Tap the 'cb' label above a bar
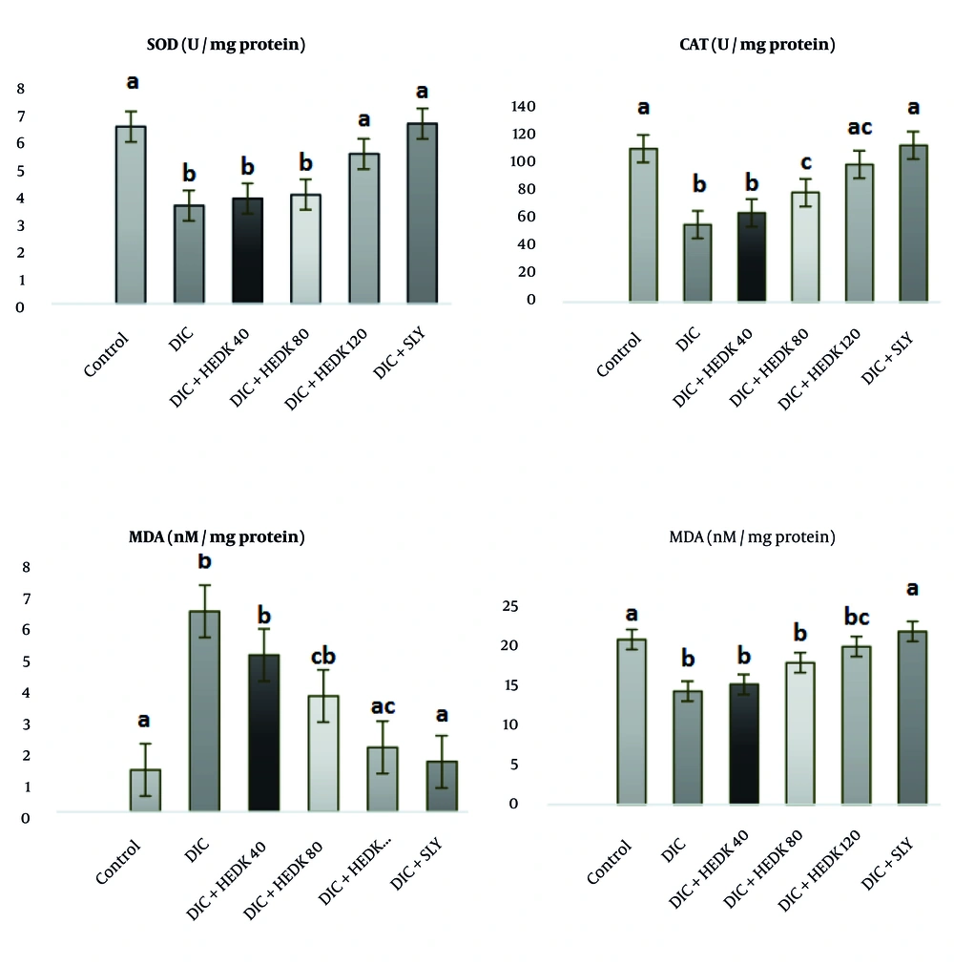[x=323, y=657]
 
